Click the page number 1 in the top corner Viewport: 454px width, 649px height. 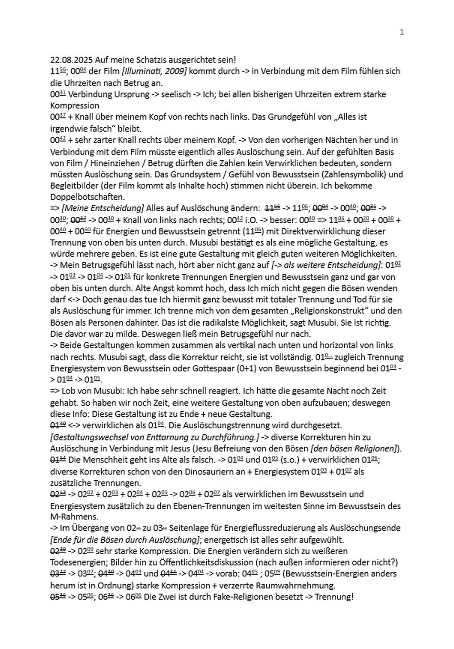click(401, 32)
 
